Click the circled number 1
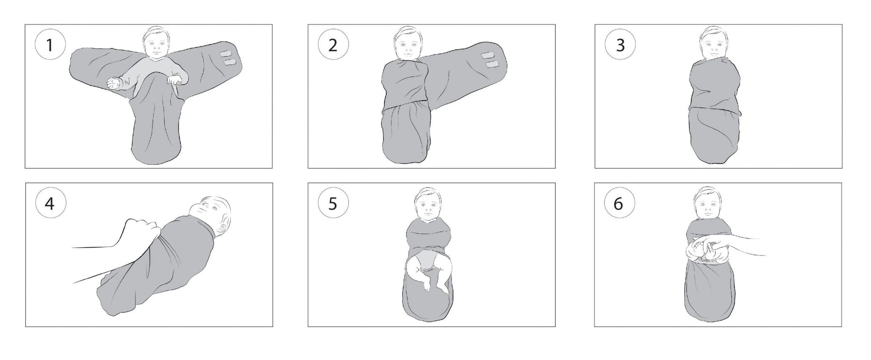click(x=49, y=45)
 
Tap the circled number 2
click(x=332, y=45)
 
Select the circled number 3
click(x=620, y=45)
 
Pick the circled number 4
click(x=49, y=204)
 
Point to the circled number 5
click(x=332, y=204)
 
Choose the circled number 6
click(x=619, y=204)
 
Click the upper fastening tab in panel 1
click(x=226, y=54)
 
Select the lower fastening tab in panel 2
click(x=492, y=64)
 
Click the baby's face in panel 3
click(x=712, y=47)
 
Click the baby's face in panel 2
click(x=406, y=47)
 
